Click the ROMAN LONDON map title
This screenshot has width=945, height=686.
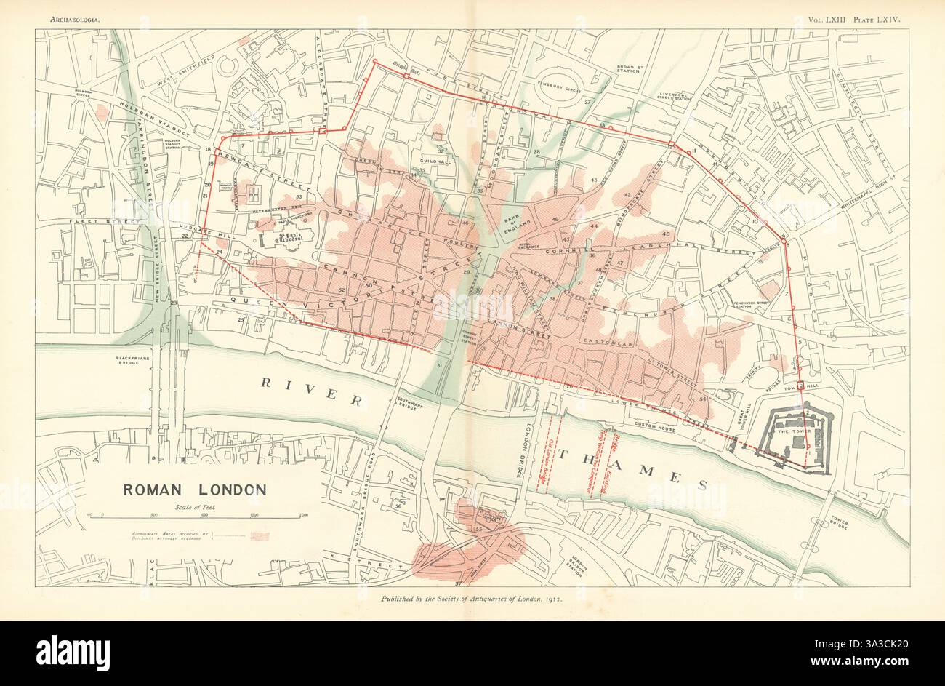(193, 490)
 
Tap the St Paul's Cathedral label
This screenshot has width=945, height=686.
(281, 236)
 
